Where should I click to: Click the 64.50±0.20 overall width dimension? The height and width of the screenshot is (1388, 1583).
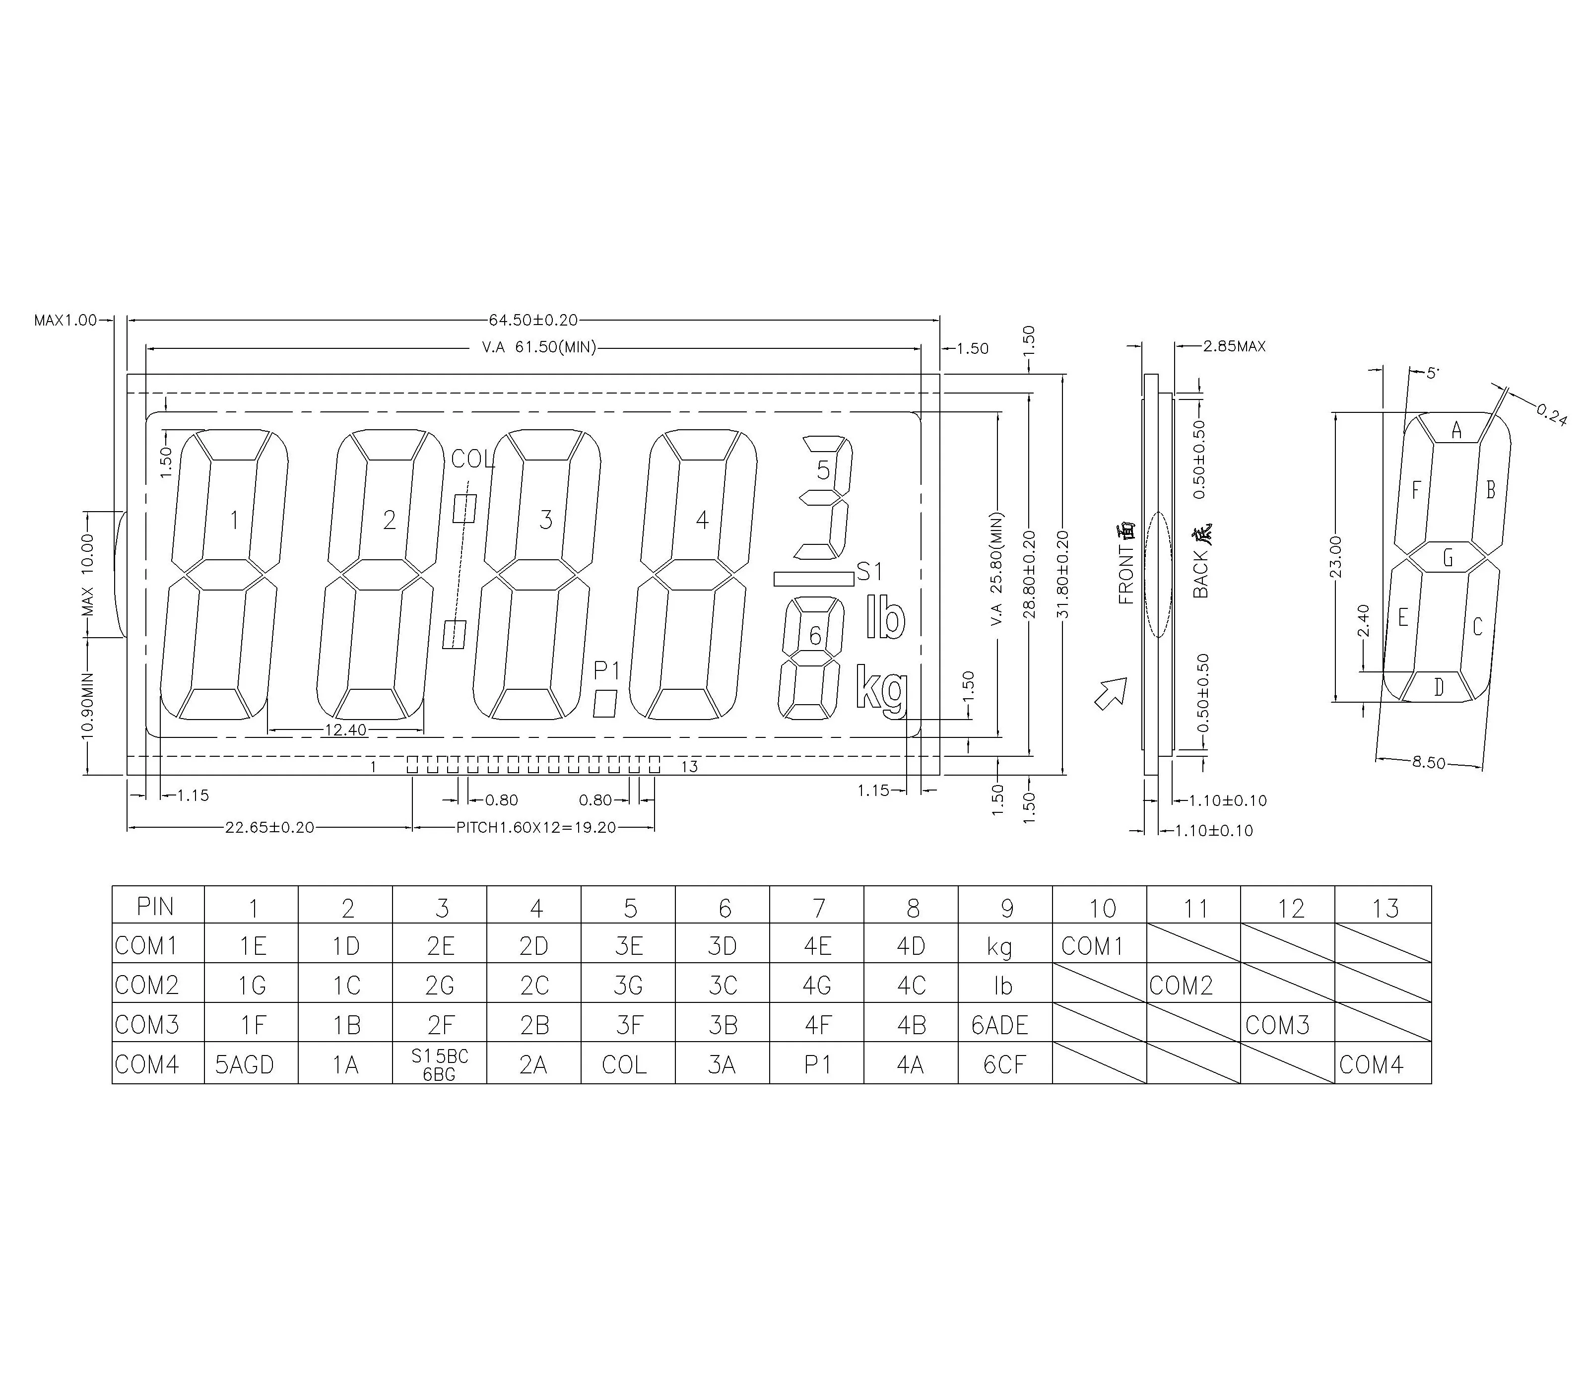coord(533,320)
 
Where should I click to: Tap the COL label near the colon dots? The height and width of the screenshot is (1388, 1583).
coord(471,460)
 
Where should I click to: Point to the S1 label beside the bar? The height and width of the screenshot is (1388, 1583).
coord(869,572)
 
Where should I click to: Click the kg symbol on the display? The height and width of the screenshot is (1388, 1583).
coord(880,689)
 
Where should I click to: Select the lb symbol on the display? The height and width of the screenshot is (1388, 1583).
coord(885,618)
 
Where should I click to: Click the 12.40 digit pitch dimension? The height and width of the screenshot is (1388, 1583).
coord(345,729)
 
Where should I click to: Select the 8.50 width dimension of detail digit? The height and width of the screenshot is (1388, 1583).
coord(1428,762)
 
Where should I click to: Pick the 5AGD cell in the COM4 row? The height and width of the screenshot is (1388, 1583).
coord(245,1065)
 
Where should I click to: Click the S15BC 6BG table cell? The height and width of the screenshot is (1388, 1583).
coord(439,1065)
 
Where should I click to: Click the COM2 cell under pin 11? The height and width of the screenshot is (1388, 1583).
coord(1181,985)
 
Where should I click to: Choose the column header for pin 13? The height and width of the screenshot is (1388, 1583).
coord(1385,908)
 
